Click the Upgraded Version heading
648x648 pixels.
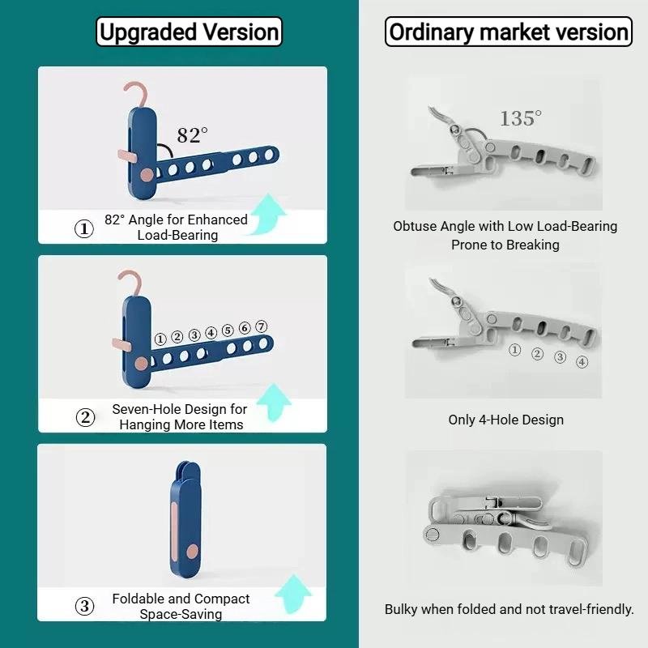[189, 32]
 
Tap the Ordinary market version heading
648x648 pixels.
[509, 32]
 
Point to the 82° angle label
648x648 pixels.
[192, 135]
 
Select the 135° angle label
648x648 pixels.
[520, 118]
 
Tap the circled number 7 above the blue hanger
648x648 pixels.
[261, 326]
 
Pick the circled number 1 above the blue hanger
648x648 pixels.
[160, 339]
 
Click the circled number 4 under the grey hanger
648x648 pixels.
[582, 362]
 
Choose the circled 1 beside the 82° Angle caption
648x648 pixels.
[84, 228]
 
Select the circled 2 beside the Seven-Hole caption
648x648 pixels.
[85, 417]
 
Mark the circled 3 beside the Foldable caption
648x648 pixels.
[85, 606]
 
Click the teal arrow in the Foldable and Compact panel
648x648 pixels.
[292, 594]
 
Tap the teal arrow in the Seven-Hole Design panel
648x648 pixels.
[274, 403]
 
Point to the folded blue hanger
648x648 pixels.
[185, 519]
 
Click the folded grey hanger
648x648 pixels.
[509, 531]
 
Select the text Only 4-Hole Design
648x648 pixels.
[505, 420]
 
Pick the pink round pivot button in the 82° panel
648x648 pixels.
[147, 175]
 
